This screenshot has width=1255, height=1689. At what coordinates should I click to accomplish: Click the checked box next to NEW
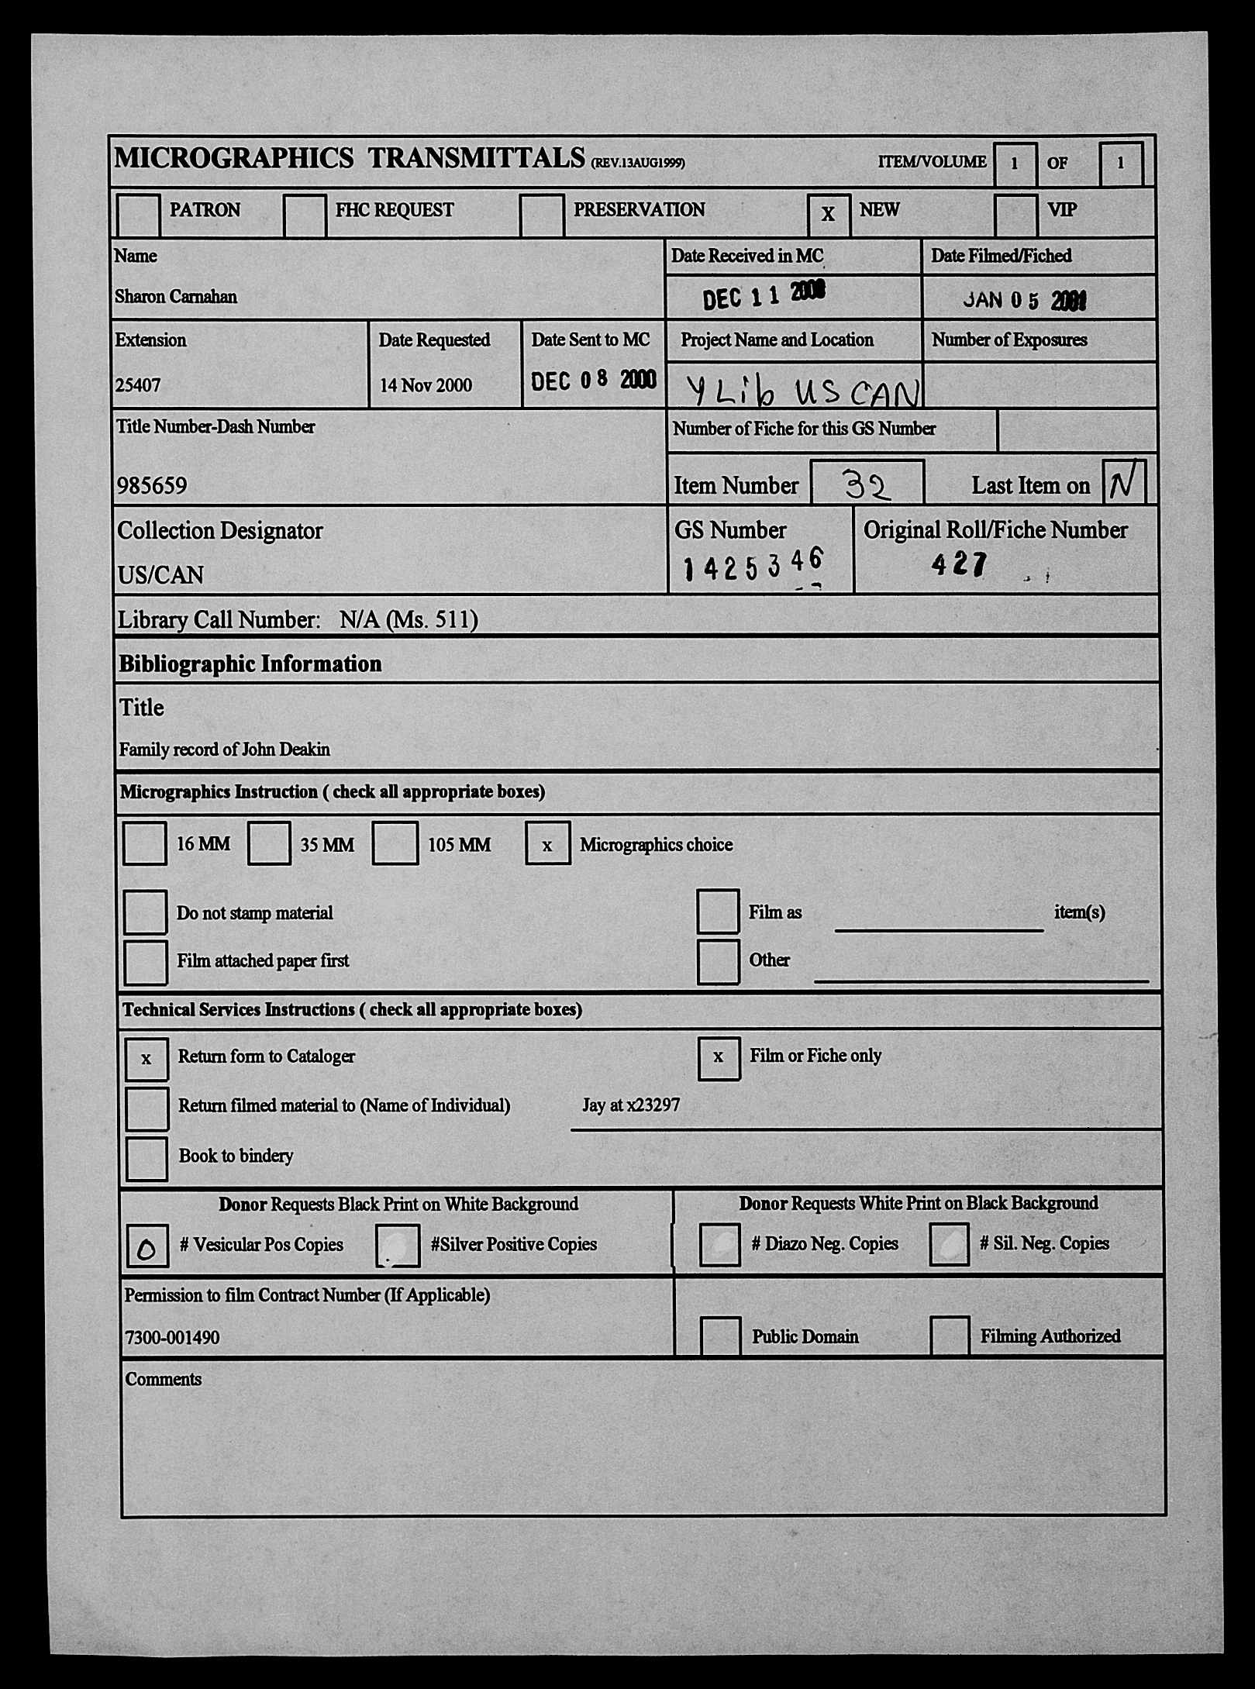coord(828,214)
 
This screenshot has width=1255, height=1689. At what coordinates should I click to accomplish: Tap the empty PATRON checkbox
coord(138,214)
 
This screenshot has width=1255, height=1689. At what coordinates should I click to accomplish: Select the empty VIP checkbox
coord(1015,214)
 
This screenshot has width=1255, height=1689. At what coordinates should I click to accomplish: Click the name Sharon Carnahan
coord(176,297)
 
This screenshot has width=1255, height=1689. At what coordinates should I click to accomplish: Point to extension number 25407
coord(138,385)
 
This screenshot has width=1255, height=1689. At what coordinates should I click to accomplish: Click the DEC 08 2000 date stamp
coord(593,380)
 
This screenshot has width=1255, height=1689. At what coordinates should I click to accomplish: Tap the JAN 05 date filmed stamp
coord(1024,301)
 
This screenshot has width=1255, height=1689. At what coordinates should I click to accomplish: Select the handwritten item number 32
coord(867,486)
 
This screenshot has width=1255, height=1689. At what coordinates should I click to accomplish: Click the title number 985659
coord(152,486)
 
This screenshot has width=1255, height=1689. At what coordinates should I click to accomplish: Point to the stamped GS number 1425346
coord(752,565)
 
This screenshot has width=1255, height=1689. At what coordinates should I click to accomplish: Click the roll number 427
coord(960,564)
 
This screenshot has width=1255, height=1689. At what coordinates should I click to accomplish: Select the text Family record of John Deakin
coord(225,750)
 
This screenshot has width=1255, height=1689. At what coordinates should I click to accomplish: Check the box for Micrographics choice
coord(547,843)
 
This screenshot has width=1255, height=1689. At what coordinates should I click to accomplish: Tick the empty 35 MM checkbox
coord(269,843)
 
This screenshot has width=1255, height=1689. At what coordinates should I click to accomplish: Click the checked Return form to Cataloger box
coord(147,1059)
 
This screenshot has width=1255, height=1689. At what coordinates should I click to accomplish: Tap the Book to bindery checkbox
coord(147,1159)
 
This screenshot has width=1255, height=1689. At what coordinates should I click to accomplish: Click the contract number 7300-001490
coord(172,1338)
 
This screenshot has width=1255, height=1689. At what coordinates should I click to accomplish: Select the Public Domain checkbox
coord(719,1336)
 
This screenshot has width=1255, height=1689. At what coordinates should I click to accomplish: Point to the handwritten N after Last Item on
coord(1122,484)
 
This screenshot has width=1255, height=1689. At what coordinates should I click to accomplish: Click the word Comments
coord(163,1379)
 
